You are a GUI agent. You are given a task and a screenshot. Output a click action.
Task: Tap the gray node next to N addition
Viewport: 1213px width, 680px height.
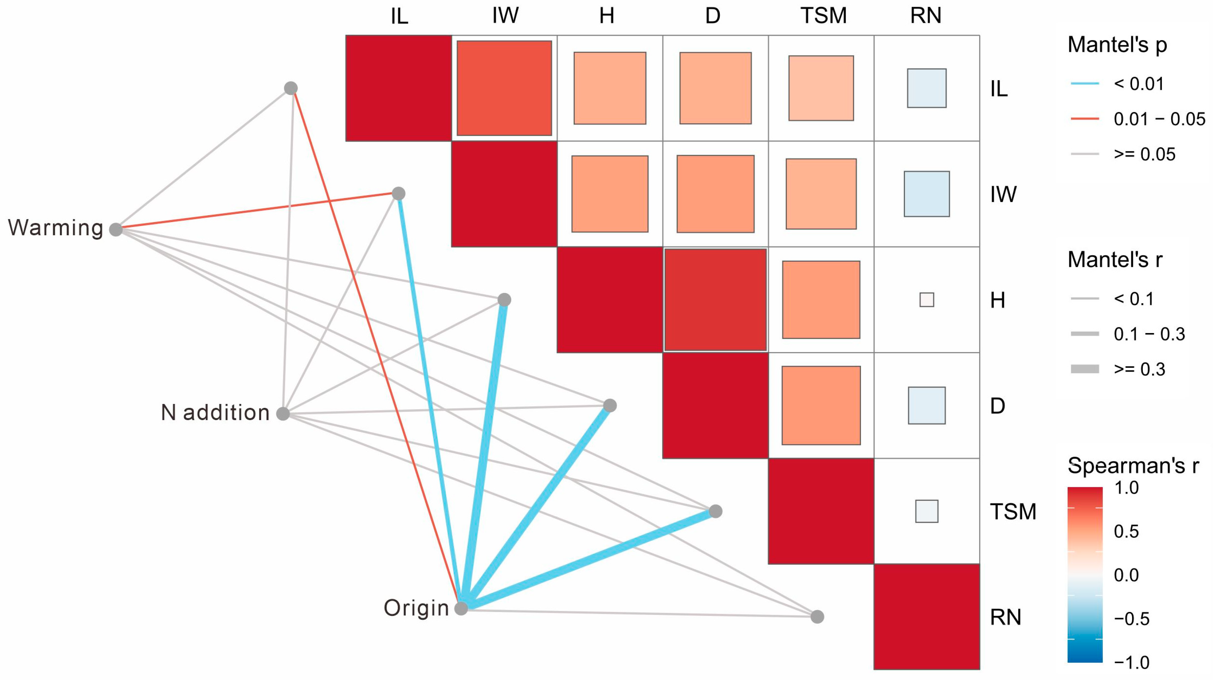[x=283, y=414]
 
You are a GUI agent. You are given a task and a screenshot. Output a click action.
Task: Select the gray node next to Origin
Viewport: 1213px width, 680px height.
[x=461, y=608]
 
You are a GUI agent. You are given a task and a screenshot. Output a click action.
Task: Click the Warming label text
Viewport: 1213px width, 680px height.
[x=56, y=228]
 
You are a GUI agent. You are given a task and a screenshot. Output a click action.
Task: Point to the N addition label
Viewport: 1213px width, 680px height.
[x=215, y=413]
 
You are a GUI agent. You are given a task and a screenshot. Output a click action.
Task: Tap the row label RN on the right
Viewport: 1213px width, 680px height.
[x=1005, y=617]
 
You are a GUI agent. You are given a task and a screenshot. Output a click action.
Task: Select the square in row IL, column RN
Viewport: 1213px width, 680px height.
[x=927, y=88]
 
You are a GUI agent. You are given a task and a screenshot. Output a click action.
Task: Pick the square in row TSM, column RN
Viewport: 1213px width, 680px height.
[x=927, y=511]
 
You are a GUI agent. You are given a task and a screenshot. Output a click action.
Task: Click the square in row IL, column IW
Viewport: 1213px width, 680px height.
[x=504, y=88]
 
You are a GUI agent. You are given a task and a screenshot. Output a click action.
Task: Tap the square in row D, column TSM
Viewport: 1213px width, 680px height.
[x=821, y=405]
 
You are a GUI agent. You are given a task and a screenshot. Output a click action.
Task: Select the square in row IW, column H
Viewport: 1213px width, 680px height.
[x=610, y=194]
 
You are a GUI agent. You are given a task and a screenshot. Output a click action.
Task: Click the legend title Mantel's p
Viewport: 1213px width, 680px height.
[x=1117, y=45]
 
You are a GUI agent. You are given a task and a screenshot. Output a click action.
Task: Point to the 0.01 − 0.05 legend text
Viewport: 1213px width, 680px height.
[x=1159, y=119]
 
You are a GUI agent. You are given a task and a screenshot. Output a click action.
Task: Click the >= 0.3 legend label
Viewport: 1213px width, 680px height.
[x=1140, y=369]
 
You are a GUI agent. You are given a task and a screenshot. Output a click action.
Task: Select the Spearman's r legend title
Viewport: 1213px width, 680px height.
[x=1133, y=466]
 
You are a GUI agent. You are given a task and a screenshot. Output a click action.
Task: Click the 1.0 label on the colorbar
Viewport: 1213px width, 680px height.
[x=1126, y=488]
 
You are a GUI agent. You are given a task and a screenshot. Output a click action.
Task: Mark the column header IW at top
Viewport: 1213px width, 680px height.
[x=505, y=16]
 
